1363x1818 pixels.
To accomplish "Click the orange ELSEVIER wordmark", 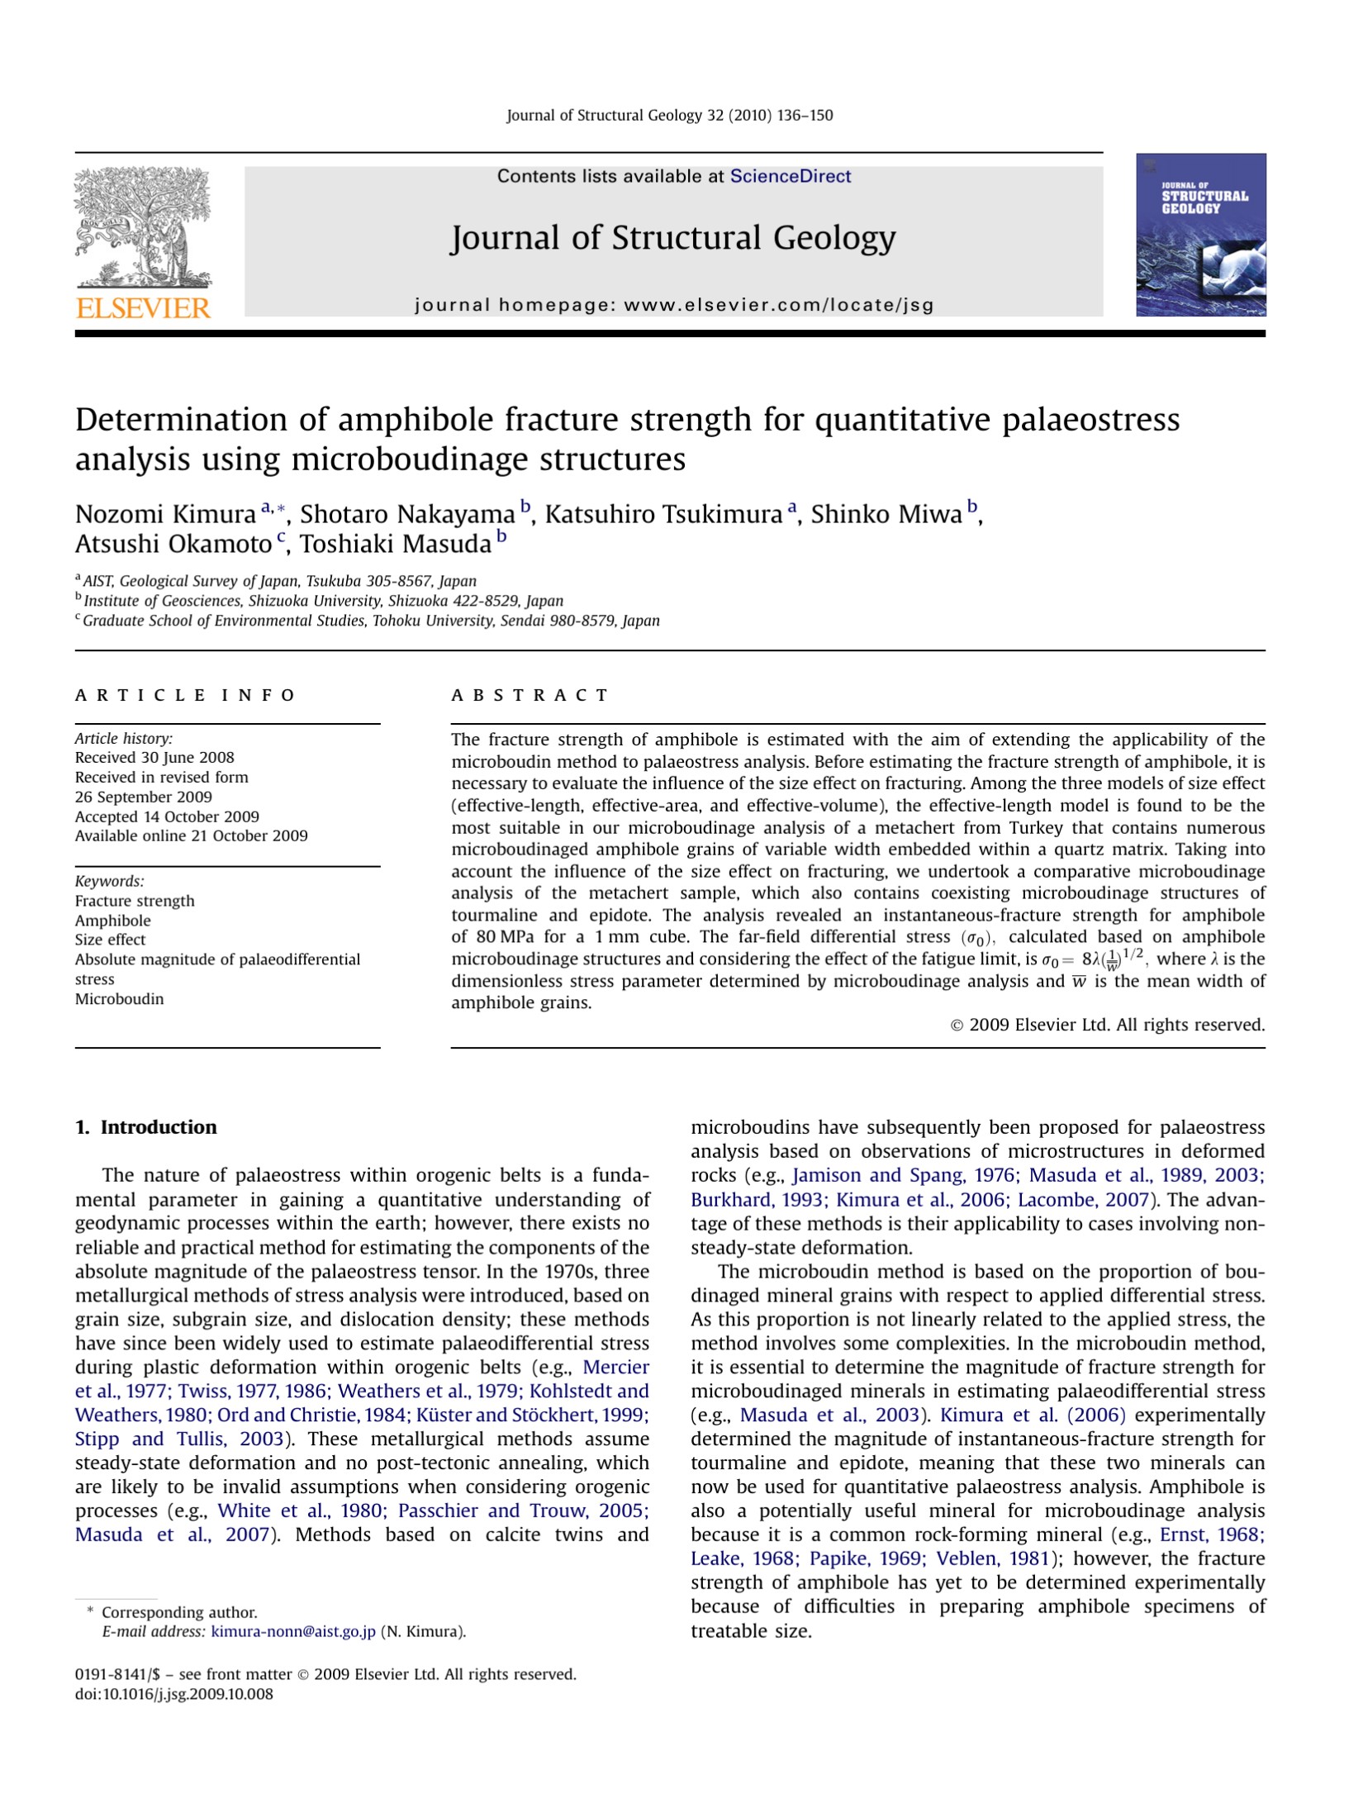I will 143,308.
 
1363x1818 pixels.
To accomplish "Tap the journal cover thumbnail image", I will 1200,235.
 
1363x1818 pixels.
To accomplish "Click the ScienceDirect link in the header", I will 790,176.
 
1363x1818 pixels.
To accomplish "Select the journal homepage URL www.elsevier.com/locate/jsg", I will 778,305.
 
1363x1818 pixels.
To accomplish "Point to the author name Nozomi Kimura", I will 165,514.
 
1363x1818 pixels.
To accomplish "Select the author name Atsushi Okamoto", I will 173,545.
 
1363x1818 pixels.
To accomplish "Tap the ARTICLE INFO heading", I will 185,695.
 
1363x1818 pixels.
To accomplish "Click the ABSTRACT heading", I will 530,695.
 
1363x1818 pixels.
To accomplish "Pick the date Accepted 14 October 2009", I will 167,816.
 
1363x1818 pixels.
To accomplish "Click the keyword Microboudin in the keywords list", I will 119,998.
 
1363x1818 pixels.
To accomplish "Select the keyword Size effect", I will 110,940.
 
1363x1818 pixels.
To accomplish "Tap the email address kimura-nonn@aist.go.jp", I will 293,1631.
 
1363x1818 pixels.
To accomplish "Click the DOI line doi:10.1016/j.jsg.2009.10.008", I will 173,1694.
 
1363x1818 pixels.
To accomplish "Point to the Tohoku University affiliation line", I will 371,621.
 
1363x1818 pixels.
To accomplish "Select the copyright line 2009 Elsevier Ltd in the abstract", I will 1107,1025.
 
